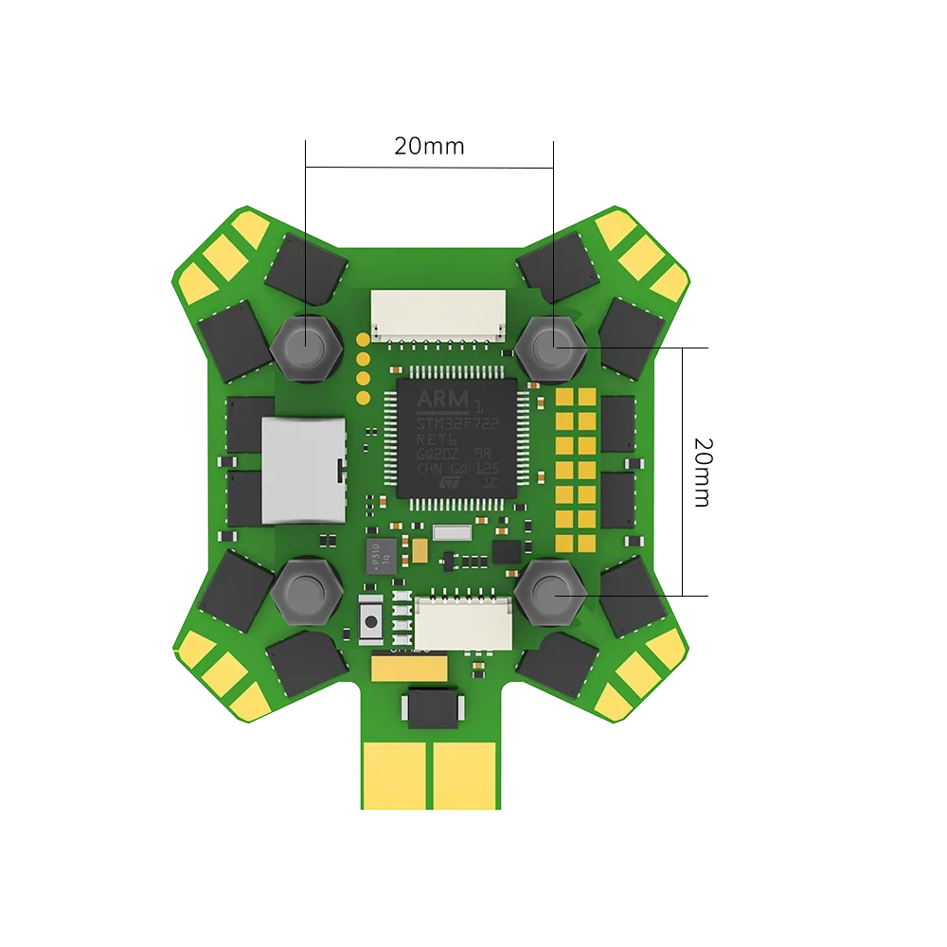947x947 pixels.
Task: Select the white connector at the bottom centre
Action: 464,622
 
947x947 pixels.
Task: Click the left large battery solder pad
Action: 396,773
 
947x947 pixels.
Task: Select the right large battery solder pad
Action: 464,773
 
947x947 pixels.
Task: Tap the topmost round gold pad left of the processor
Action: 362,338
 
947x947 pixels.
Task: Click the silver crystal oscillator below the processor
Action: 452,533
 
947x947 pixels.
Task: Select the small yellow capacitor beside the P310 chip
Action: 417,546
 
